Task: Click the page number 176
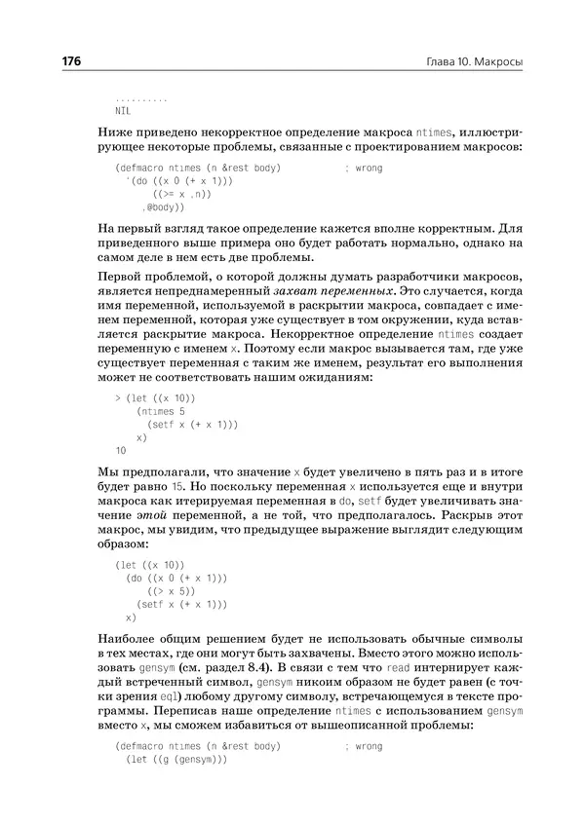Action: pyautogui.click(x=71, y=61)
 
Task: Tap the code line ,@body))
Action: pyautogui.click(x=163, y=207)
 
